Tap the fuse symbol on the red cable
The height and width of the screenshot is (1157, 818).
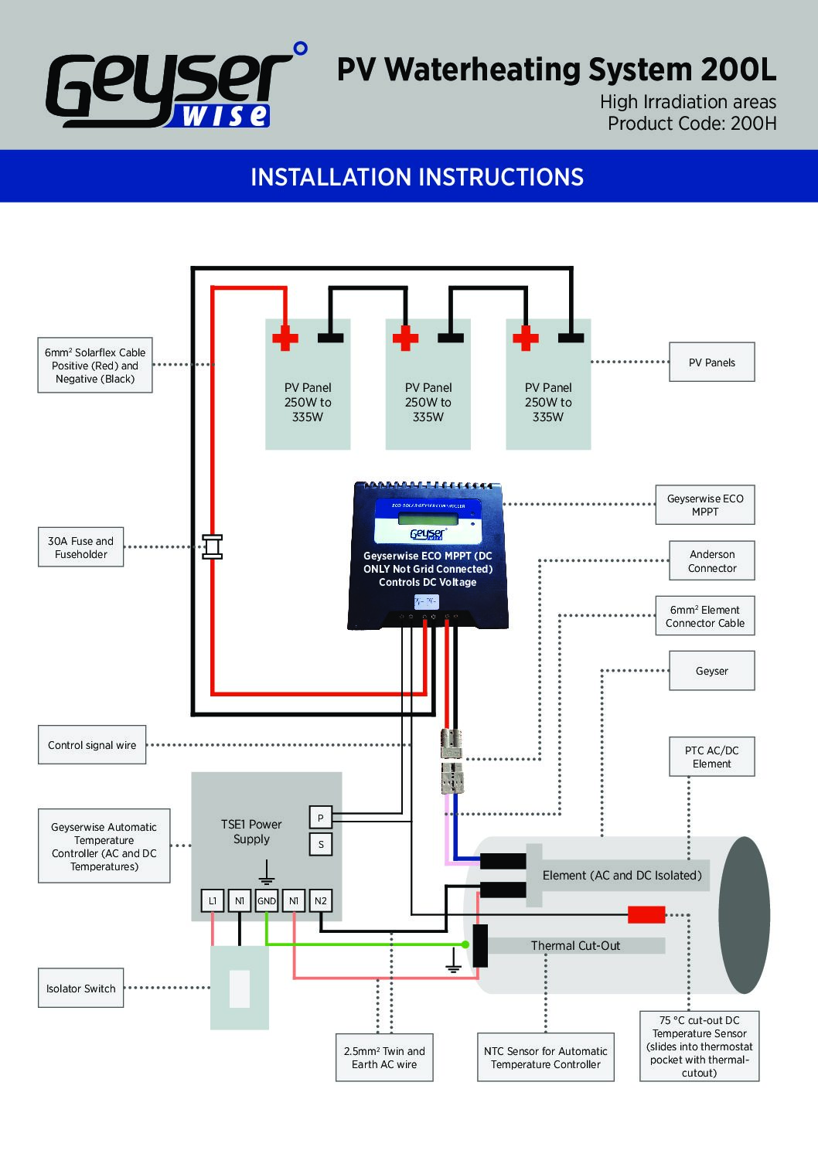(x=212, y=546)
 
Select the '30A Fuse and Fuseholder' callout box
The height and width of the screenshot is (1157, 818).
(x=81, y=547)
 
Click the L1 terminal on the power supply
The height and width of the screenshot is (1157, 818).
(x=213, y=900)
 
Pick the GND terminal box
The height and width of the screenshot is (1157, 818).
(x=267, y=900)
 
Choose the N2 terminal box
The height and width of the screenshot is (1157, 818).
(x=321, y=900)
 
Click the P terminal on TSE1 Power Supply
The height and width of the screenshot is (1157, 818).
(x=321, y=818)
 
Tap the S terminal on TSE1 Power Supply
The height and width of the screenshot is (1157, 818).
(x=321, y=844)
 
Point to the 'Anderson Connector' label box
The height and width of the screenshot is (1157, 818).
(x=712, y=561)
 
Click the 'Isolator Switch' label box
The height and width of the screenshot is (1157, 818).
(x=81, y=989)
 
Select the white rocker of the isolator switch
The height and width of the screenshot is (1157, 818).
(x=240, y=989)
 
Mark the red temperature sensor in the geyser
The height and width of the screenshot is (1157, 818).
(x=646, y=915)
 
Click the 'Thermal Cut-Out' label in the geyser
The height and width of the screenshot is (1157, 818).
(x=575, y=945)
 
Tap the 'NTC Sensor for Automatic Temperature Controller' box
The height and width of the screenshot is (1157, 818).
(x=545, y=1057)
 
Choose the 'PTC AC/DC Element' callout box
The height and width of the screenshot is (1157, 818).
(x=711, y=757)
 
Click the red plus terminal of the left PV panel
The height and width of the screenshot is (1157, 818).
(x=285, y=339)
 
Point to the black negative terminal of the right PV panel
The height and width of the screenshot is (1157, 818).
(x=571, y=338)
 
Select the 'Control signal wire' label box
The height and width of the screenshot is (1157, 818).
(x=92, y=745)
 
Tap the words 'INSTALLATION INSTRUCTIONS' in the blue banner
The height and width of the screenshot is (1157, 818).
(x=417, y=177)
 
